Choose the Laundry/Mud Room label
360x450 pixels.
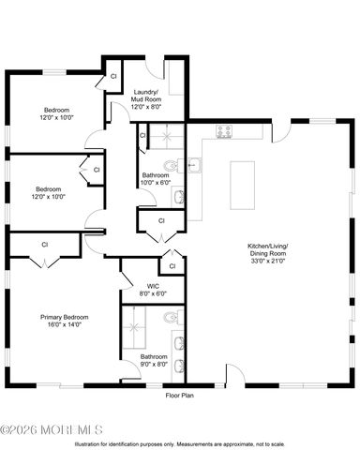click(x=145, y=95)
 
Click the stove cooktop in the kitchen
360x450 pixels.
click(x=224, y=131)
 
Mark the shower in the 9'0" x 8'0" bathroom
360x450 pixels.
click(x=141, y=328)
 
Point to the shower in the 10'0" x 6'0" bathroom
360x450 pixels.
click(x=159, y=138)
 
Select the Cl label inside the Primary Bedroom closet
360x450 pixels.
click(x=44, y=244)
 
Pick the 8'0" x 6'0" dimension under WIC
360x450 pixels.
click(x=153, y=293)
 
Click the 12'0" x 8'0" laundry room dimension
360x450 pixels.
click(x=145, y=107)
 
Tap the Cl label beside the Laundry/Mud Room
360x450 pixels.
click(x=113, y=75)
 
